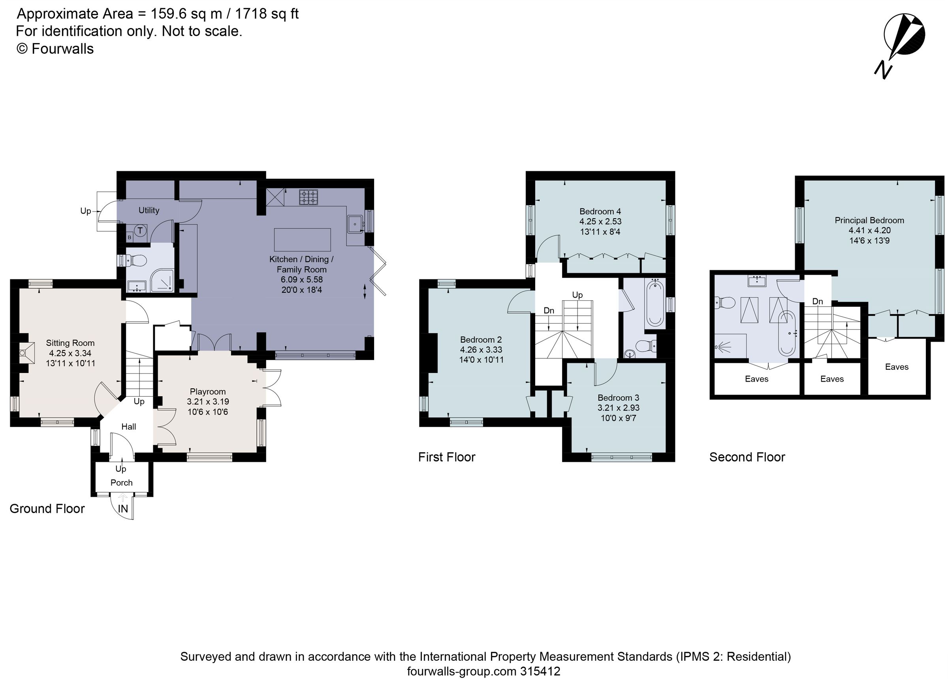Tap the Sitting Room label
70,343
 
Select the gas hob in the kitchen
308,197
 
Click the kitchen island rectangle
302,239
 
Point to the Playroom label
208,392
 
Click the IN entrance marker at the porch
123,508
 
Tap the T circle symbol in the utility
141,230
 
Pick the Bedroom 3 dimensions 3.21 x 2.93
618,408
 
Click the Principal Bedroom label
869,220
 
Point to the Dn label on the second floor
818,301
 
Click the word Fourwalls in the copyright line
63,49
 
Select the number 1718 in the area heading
251,14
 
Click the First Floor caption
446,457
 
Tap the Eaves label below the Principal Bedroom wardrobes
897,367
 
